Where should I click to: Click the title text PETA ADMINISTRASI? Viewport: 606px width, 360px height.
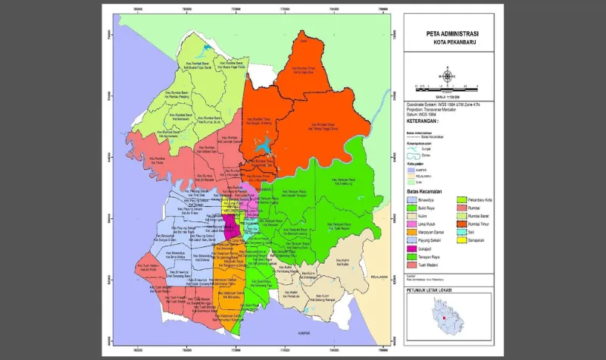447,35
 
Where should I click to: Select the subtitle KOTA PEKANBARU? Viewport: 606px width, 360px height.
447,43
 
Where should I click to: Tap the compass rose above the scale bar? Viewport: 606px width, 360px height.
448,76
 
